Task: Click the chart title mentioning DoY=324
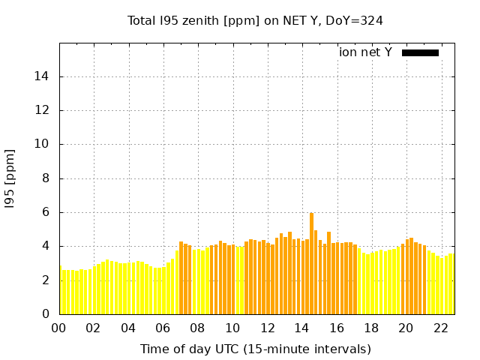tap(255, 21)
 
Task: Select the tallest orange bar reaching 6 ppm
tap(312, 262)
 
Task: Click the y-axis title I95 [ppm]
tap(10, 178)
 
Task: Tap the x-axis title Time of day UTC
tap(255, 349)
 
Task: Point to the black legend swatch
tap(420, 52)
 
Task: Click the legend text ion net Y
tap(365, 52)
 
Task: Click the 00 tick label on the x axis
tap(59, 328)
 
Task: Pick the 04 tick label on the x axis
tap(128, 328)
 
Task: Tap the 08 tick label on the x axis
tap(197, 328)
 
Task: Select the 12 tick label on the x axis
tap(267, 328)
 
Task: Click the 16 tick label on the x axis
tap(336, 328)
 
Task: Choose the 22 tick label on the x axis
tap(440, 328)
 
